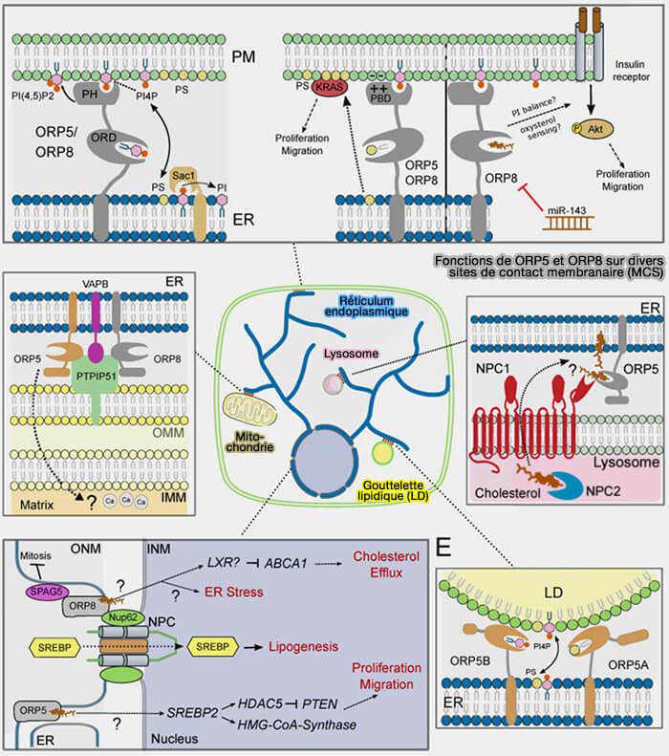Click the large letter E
coord(443,548)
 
